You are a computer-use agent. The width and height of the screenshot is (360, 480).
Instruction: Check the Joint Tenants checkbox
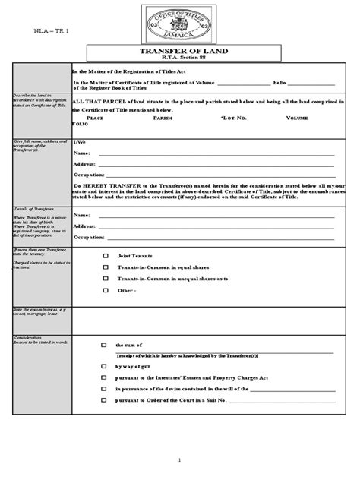point(106,256)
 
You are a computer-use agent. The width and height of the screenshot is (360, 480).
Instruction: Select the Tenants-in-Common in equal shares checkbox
point(106,267)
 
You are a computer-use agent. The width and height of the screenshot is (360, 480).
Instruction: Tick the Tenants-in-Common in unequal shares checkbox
point(106,279)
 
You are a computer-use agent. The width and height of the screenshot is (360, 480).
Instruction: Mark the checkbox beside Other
point(106,290)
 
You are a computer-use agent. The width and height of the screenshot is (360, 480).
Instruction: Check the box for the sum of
point(104,344)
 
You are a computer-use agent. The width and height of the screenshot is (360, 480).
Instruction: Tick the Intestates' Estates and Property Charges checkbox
point(104,377)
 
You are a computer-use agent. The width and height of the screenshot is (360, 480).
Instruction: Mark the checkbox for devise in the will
point(104,388)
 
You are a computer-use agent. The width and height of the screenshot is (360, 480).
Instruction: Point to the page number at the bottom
point(179,460)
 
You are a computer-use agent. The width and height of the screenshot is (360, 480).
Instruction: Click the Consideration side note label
point(29,337)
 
